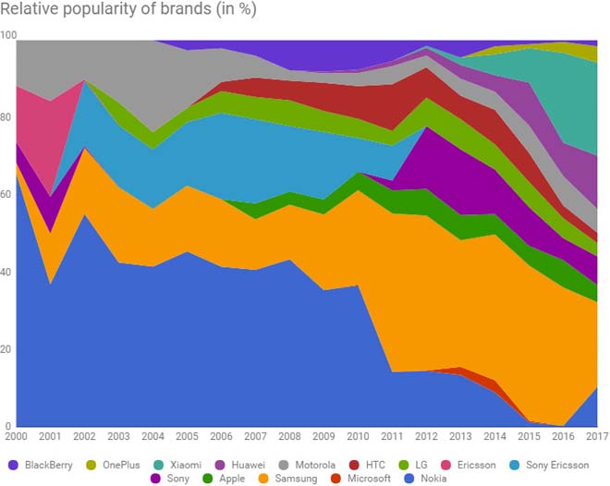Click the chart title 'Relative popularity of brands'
click(x=129, y=11)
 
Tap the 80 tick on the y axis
click(x=8, y=117)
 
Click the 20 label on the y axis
click(x=8, y=349)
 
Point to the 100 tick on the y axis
click(x=9, y=34)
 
